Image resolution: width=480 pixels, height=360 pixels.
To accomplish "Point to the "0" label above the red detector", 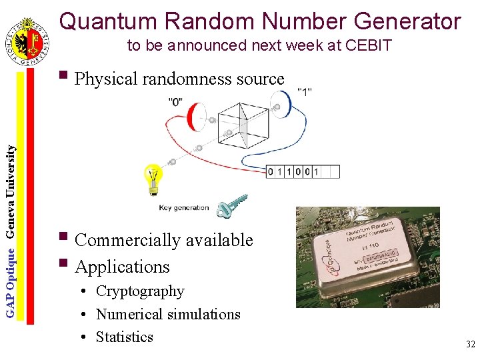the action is point(177,101).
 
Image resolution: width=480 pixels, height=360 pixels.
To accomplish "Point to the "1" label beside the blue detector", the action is point(305,91).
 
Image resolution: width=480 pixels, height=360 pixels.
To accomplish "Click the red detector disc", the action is point(195,117).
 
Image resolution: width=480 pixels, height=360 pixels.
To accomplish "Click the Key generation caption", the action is point(184,207).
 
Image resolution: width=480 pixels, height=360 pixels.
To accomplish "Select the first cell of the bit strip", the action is point(271,172).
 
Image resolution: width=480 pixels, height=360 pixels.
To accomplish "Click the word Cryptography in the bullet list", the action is point(140,291).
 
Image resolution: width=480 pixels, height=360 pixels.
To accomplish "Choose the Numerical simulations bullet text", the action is point(168,314).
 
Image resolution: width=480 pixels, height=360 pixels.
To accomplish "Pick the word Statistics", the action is point(125,337).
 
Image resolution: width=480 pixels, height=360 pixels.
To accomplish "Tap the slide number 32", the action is point(470,345).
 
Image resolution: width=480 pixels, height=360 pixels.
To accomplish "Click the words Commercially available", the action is point(164,240).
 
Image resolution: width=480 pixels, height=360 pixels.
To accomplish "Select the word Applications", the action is point(123,267).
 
